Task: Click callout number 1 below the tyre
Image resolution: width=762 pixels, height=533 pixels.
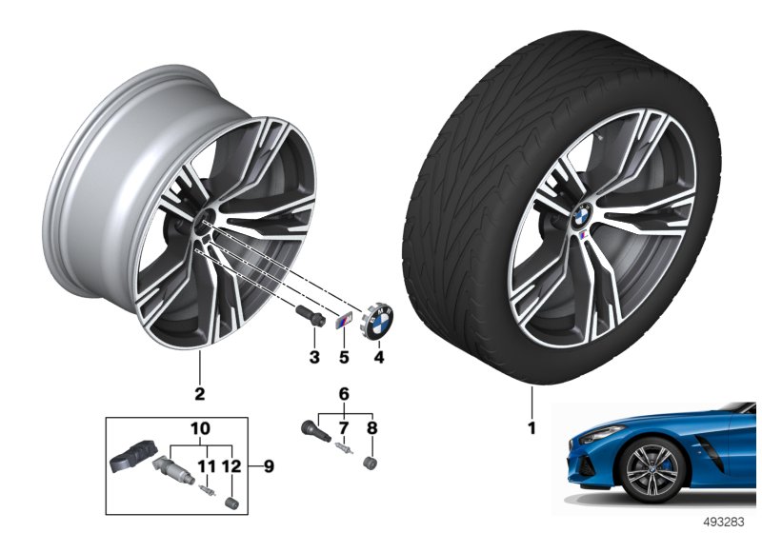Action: (x=532, y=428)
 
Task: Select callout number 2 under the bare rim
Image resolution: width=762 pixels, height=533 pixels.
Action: (x=200, y=394)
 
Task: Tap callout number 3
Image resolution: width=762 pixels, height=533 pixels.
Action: (x=314, y=357)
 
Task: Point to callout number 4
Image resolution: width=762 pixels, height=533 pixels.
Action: (x=378, y=357)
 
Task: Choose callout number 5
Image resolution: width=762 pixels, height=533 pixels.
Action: (x=344, y=357)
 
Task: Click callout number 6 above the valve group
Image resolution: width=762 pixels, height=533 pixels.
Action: (x=344, y=394)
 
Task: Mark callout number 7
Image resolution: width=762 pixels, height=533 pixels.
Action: (x=344, y=428)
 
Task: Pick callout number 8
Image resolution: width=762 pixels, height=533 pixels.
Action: (x=371, y=428)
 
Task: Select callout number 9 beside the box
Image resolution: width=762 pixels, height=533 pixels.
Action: (x=269, y=467)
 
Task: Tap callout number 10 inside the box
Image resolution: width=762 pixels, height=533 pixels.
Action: (x=200, y=428)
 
